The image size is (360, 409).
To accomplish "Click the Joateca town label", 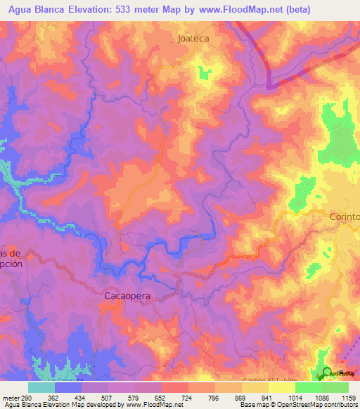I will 193,39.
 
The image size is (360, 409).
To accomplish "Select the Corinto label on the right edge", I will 345,217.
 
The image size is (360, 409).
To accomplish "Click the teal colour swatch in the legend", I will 41,388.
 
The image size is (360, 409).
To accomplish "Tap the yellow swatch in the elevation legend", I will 281,388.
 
